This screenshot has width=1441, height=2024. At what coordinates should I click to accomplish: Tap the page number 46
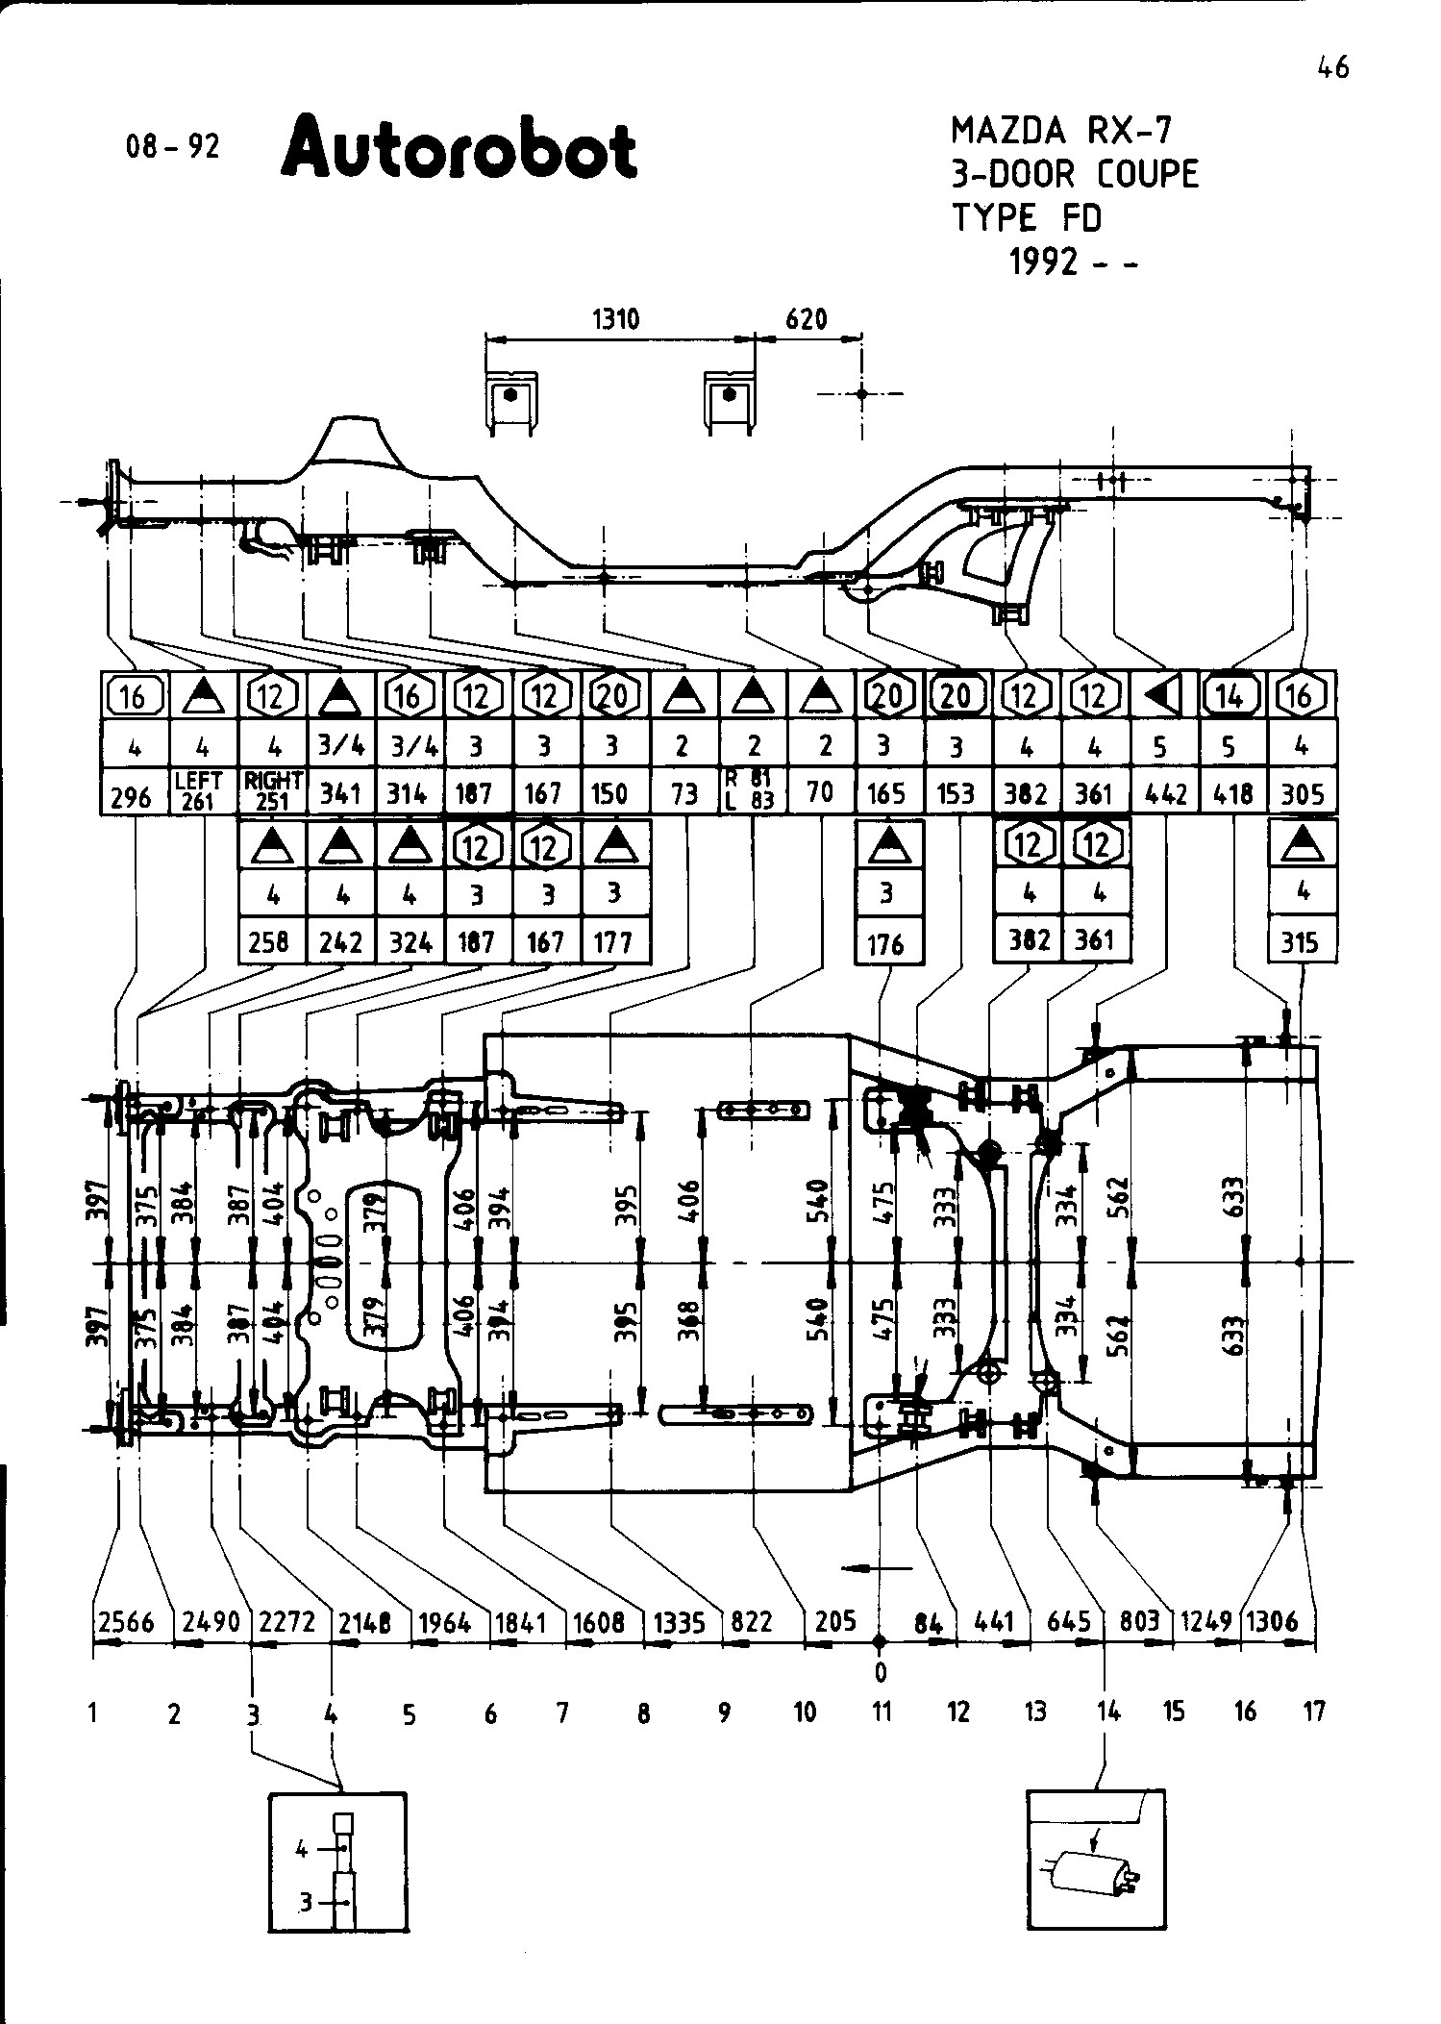(x=1333, y=68)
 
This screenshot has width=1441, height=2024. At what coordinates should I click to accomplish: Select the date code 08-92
(x=173, y=147)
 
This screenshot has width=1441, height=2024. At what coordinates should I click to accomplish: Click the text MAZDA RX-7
(x=1061, y=130)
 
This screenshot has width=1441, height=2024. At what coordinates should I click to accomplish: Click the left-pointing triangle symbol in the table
(x=1164, y=695)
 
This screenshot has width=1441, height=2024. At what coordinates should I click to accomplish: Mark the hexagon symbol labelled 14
(x=1232, y=695)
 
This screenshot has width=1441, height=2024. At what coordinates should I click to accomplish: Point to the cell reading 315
(x=1301, y=943)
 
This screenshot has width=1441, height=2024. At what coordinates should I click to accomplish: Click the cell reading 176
(x=887, y=944)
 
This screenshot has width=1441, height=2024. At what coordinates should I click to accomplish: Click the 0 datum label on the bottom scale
(x=880, y=1673)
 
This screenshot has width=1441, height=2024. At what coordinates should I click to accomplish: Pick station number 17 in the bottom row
(x=1314, y=1712)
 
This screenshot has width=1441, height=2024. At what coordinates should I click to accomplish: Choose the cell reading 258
(x=272, y=942)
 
